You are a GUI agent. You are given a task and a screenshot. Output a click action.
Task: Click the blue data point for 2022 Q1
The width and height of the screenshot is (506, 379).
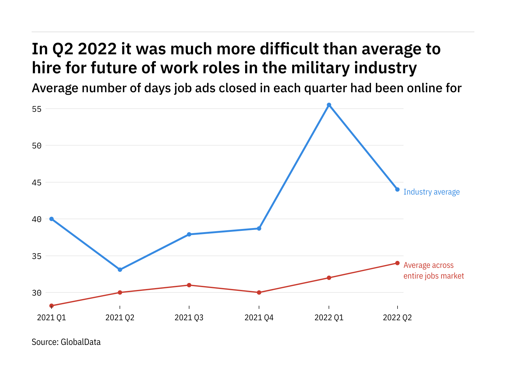click(x=329, y=105)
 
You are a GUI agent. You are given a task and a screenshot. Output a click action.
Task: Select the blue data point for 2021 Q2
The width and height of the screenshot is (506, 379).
click(x=120, y=270)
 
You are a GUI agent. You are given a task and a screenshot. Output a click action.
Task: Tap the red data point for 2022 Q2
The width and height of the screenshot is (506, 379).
click(x=397, y=263)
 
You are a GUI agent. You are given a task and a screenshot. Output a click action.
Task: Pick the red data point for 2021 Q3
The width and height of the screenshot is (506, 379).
click(x=189, y=285)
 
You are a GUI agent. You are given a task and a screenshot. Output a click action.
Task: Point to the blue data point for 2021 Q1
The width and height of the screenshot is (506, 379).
click(x=52, y=219)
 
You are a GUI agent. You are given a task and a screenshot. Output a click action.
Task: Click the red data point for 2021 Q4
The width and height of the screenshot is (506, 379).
click(x=259, y=292)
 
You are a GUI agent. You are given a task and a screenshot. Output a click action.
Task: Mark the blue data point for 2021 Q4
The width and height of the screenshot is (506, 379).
click(x=259, y=228)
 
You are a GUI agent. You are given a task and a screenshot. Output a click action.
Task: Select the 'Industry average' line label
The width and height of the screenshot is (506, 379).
click(x=431, y=192)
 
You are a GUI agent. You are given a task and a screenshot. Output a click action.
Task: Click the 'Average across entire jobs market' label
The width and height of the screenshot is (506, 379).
click(x=433, y=271)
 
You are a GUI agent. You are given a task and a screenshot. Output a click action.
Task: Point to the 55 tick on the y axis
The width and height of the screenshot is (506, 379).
click(x=37, y=109)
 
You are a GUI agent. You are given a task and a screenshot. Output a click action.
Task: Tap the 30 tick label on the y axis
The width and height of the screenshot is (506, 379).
click(x=37, y=293)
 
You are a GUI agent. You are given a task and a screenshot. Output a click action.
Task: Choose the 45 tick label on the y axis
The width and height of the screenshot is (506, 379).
click(x=37, y=183)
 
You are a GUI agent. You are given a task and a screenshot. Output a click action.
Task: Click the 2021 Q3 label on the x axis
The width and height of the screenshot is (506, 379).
click(x=189, y=317)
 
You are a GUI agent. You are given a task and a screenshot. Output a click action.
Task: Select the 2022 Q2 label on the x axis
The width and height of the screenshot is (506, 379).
click(x=397, y=317)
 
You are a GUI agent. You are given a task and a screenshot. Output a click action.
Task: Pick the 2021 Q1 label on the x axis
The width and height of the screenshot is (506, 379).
click(x=52, y=317)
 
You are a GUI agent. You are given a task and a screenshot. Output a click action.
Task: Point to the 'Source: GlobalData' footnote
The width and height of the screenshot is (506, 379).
click(x=66, y=342)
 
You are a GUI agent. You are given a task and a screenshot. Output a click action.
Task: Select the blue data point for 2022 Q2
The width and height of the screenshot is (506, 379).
click(x=397, y=189)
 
